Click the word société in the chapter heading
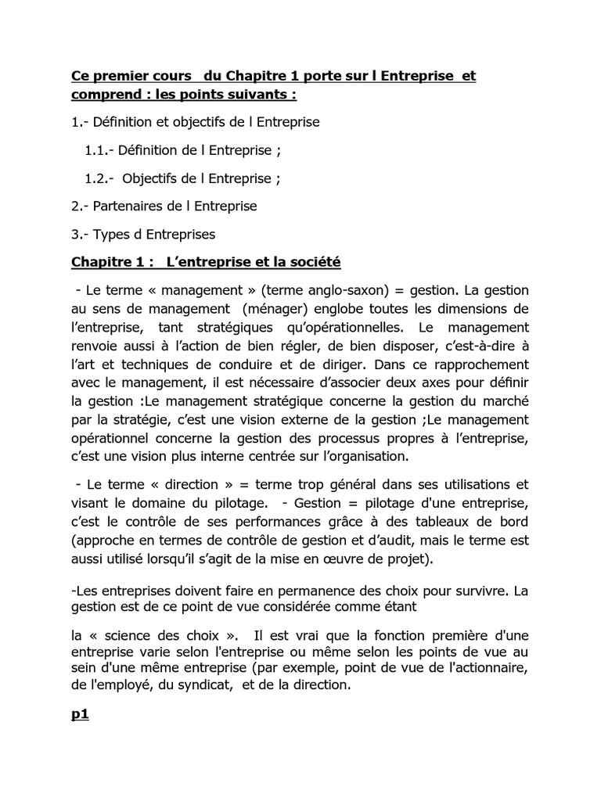(315, 260)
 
